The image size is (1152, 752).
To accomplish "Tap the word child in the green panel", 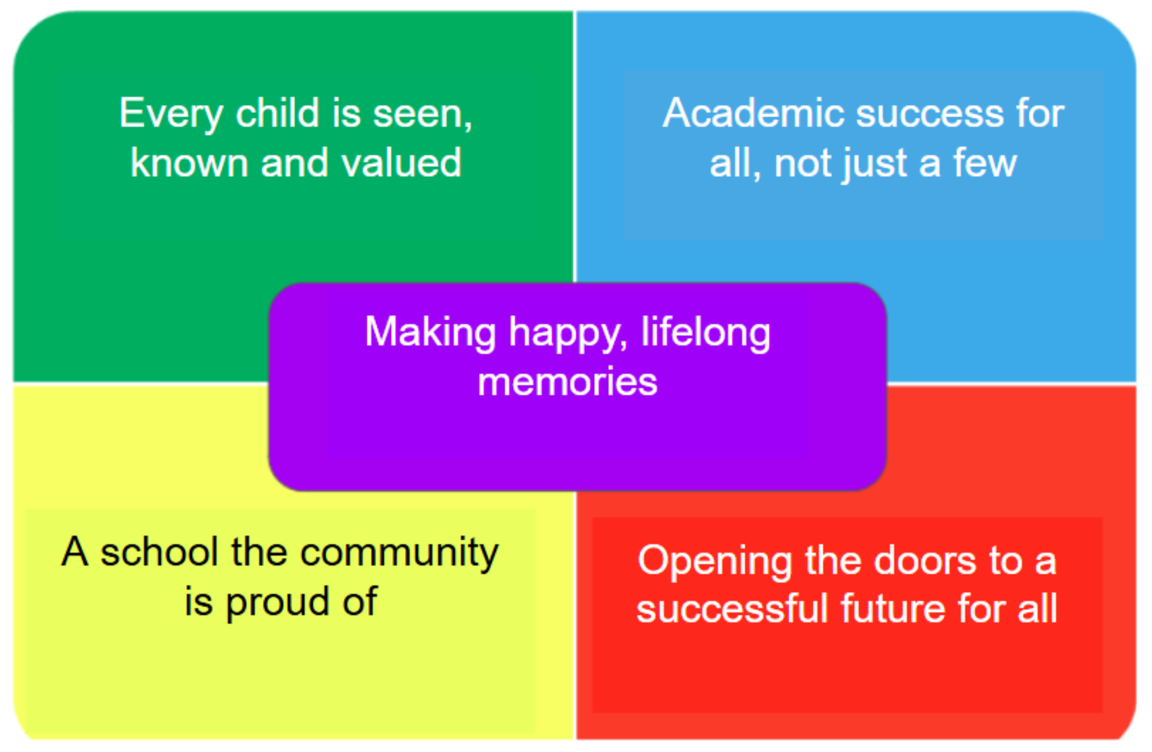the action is [x=278, y=112].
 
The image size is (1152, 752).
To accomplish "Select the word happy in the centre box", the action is [x=568, y=335].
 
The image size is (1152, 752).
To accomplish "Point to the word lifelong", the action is [x=706, y=333].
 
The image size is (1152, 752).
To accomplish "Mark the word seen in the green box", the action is [x=422, y=116].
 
